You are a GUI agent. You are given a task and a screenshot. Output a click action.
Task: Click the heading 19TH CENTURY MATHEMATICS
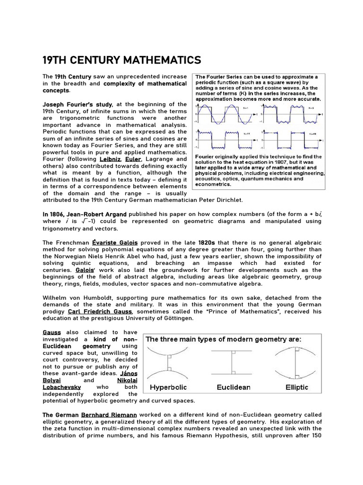pos(121,60)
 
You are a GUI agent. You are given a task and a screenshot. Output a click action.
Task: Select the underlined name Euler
pos(137,160)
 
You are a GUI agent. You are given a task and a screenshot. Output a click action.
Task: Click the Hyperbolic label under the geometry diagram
pos(170,387)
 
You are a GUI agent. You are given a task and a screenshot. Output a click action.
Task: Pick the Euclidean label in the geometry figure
pos(233,387)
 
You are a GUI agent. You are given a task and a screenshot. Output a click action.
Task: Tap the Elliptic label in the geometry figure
pos(297,387)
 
